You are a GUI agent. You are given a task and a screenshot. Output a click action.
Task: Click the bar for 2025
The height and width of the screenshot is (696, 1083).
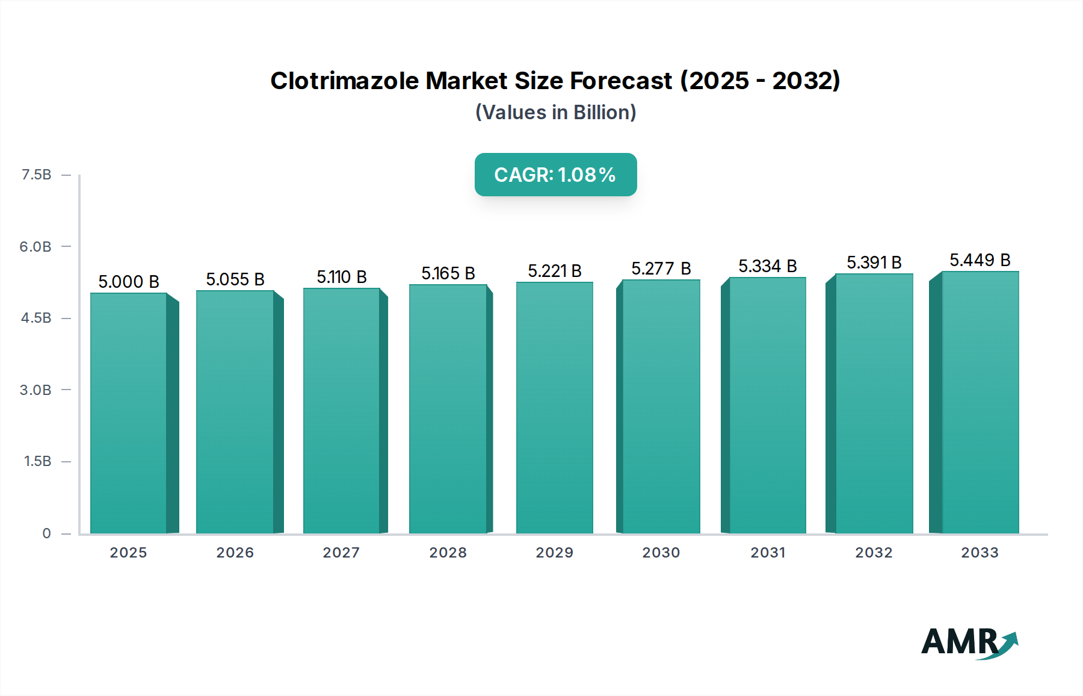pos(129,414)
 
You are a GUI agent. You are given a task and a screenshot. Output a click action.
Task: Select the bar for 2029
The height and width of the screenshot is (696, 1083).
pos(555,408)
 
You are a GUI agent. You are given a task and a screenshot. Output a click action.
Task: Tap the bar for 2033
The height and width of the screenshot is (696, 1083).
pos(980,403)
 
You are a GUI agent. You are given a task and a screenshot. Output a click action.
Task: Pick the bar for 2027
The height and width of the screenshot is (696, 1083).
pos(341,411)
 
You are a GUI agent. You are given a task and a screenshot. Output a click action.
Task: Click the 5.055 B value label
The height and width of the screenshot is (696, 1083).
pos(235,279)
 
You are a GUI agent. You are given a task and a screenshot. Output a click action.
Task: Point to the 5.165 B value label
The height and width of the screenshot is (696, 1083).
pos(448,273)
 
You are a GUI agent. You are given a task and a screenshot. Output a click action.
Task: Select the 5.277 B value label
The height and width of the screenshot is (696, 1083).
pos(661,269)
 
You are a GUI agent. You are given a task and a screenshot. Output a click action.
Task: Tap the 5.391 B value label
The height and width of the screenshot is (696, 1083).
pos(874,263)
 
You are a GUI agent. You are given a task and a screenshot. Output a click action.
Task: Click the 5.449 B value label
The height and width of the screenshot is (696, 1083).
pos(980,260)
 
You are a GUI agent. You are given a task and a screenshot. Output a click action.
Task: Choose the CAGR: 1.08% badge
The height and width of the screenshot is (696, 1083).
pos(555,175)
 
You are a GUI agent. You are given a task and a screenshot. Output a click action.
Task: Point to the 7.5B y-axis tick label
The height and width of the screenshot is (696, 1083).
pos(37,175)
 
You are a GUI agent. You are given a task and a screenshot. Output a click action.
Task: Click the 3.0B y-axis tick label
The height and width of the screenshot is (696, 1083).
pos(35,390)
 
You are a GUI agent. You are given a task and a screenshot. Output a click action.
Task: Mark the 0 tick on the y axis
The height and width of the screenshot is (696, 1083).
pos(46,533)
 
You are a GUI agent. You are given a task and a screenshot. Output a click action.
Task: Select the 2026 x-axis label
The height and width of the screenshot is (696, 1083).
pos(235,553)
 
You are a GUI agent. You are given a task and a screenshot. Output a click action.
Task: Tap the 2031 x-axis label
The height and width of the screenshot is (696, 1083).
pos(768,553)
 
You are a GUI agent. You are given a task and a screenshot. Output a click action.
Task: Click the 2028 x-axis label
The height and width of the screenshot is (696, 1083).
pos(448,553)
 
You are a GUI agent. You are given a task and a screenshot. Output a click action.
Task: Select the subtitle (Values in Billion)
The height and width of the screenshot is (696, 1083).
pos(555,113)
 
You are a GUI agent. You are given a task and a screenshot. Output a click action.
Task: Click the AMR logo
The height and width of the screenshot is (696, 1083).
pos(969,642)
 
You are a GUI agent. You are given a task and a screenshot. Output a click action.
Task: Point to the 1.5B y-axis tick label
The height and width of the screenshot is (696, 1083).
pos(37,461)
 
